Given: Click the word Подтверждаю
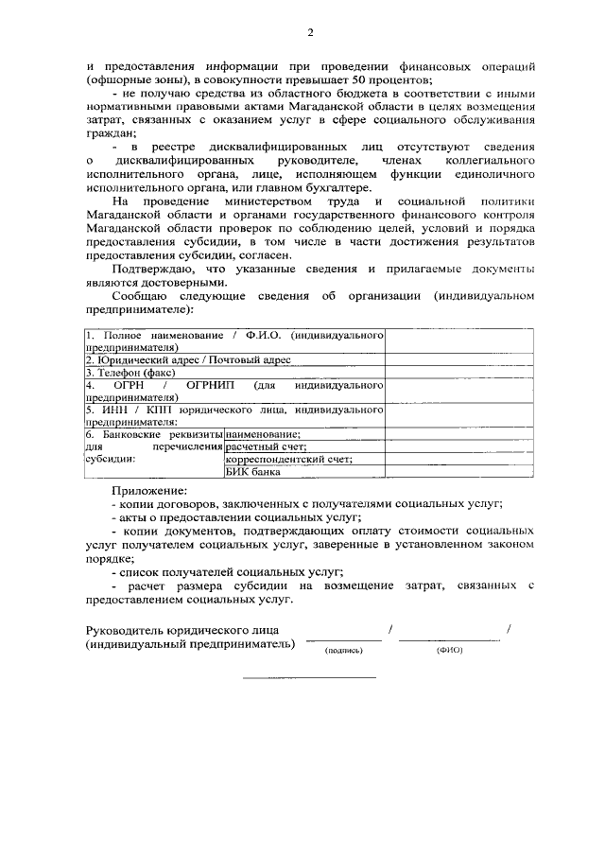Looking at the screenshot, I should (x=148, y=269).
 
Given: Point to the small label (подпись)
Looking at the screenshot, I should (x=343, y=651).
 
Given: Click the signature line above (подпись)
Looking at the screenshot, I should (x=343, y=641).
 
